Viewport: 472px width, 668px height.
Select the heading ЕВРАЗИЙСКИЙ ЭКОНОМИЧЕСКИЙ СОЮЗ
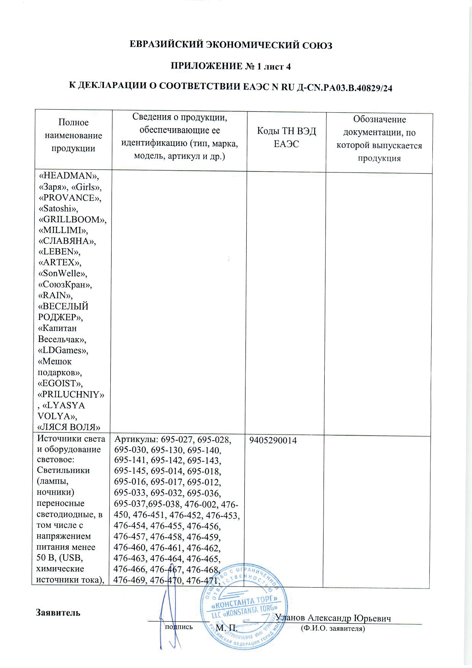231,45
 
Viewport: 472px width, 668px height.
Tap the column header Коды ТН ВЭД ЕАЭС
286,137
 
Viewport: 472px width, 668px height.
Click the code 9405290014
273,441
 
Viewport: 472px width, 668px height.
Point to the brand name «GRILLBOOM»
73,220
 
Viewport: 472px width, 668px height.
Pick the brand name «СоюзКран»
65,284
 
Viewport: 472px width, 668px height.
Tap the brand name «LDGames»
63,350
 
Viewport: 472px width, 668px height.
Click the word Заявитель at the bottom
58,613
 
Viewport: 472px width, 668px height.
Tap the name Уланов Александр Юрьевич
333,618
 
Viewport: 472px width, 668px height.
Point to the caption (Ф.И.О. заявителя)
333,628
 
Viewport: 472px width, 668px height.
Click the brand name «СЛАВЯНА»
67,241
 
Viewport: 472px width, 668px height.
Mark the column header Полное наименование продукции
74,135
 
